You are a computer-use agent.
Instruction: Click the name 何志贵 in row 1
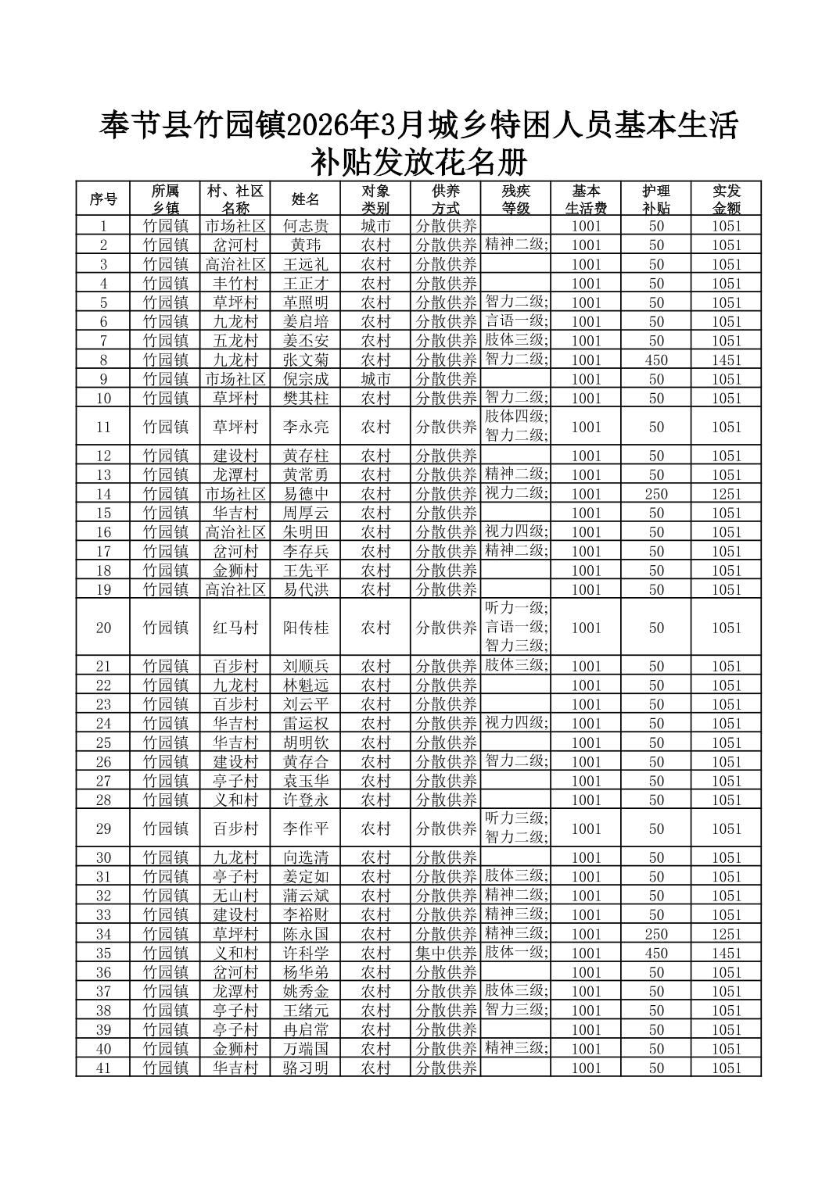[305, 226]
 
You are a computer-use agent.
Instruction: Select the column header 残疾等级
[515, 199]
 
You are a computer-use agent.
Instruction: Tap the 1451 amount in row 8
[726, 360]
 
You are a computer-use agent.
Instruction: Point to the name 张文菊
[305, 360]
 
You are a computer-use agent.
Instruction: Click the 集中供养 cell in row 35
[446, 954]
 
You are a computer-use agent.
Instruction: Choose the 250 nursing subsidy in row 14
[656, 494]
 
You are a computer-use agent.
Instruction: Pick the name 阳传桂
[305, 628]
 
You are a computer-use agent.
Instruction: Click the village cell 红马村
[235, 628]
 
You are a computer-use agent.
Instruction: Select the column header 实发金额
[726, 199]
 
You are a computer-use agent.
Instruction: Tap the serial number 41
[103, 1068]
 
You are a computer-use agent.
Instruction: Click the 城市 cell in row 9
[375, 379]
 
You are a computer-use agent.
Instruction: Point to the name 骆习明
[305, 1068]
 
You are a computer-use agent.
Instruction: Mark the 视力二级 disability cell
[515, 493]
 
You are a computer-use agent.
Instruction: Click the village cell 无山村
[235, 896]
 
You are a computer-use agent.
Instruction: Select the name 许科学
[305, 954]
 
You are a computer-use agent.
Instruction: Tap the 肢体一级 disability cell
[515, 953]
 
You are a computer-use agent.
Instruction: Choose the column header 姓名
[305, 199]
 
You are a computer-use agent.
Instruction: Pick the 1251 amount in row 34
[726, 934]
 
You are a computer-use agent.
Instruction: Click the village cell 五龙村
[235, 341]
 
